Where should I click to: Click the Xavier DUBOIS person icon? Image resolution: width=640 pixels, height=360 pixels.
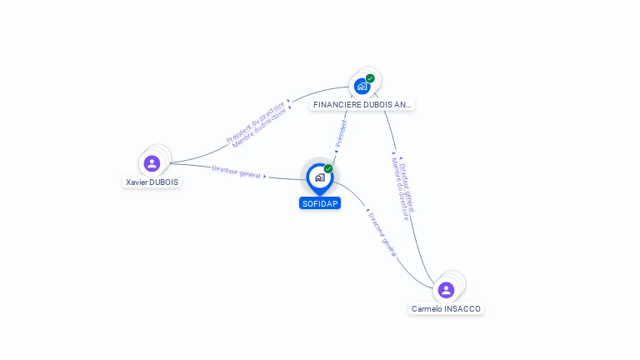click(x=152, y=163)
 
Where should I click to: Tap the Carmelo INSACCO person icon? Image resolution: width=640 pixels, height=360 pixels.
click(x=446, y=290)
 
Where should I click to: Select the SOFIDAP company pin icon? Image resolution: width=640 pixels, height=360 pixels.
click(x=319, y=177)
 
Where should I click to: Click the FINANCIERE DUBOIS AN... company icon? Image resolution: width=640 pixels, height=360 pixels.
click(x=362, y=86)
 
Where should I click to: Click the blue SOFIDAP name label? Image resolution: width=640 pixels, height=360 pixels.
click(x=320, y=203)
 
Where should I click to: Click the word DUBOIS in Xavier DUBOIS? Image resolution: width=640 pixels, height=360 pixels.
click(x=165, y=182)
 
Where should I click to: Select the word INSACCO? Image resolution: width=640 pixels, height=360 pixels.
click(x=463, y=309)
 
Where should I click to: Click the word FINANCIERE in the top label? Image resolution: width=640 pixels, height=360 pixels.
click(x=337, y=105)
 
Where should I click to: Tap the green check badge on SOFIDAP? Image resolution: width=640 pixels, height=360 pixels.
click(x=328, y=168)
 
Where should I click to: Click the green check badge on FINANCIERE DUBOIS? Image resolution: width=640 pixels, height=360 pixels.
click(x=370, y=78)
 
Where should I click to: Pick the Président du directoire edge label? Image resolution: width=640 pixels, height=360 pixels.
click(x=255, y=122)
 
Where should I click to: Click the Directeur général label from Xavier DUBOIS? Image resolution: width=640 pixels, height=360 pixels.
click(x=236, y=172)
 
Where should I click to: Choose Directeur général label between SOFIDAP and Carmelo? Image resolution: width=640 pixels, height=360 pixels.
click(x=382, y=233)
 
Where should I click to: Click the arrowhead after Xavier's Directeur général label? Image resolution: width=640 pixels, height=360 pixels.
click(x=265, y=176)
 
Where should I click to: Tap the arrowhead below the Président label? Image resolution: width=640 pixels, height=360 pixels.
click(x=335, y=152)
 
